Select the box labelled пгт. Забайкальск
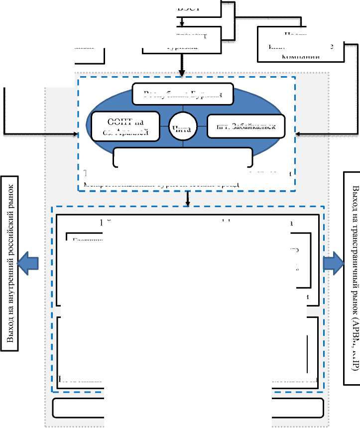pos(246,126)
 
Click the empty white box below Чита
pos(182,158)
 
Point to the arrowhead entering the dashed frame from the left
pos(75,134)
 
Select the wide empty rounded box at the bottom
pos(188,408)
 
